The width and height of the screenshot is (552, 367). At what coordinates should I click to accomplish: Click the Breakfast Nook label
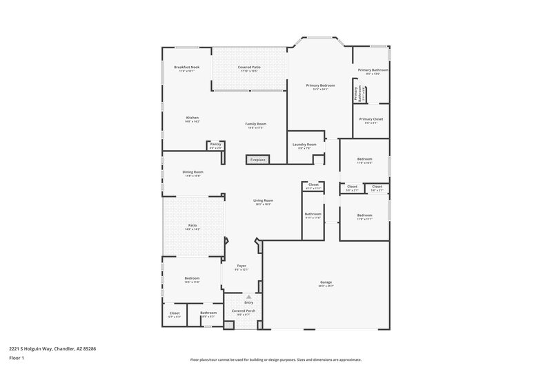point(187,67)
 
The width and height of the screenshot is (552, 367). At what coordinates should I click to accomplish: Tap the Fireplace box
point(257,160)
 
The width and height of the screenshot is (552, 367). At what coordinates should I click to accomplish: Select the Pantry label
point(215,144)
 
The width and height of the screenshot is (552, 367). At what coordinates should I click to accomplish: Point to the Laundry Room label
point(304,144)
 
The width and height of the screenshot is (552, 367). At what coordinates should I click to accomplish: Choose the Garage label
point(326,282)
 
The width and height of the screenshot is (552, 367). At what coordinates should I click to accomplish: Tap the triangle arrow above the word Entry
point(248,297)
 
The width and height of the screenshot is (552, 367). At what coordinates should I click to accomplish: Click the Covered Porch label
point(244,312)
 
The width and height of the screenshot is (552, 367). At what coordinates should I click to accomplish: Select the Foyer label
point(241,266)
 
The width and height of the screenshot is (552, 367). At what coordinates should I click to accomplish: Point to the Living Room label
point(264,200)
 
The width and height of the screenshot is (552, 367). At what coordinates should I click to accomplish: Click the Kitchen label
point(192,118)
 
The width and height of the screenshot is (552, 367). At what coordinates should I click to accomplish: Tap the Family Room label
point(255,124)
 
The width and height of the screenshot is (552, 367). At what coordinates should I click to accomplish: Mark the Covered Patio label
point(248,67)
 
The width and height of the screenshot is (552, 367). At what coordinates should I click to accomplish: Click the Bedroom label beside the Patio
point(192,279)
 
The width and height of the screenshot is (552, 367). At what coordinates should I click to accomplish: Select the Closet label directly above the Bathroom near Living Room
point(313,185)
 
